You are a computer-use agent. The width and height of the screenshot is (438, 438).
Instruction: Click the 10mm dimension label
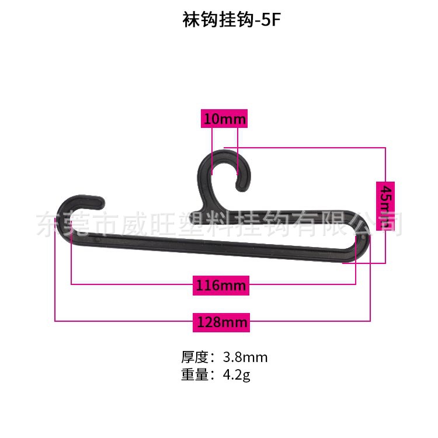pyautogui.click(x=224, y=119)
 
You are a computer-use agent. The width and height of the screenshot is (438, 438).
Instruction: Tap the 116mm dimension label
pyautogui.click(x=221, y=286)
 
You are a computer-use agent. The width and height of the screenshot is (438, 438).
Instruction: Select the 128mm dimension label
pyautogui.click(x=221, y=322)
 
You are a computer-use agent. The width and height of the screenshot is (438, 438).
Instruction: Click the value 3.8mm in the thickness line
pyautogui.click(x=245, y=357)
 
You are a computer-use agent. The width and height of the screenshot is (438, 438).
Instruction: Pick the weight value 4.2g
pyautogui.click(x=237, y=375)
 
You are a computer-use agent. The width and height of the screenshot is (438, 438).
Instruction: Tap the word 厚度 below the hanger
pyautogui.click(x=194, y=357)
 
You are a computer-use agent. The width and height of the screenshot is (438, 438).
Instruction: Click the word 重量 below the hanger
pyautogui.click(x=194, y=375)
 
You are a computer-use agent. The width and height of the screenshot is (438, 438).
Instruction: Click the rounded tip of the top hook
pyautogui.click(x=240, y=186)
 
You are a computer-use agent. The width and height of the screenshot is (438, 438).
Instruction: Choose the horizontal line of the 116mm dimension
pyautogui.click(x=134, y=284)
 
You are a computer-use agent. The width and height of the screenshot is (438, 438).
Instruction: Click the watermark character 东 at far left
pyautogui.click(x=48, y=224)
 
